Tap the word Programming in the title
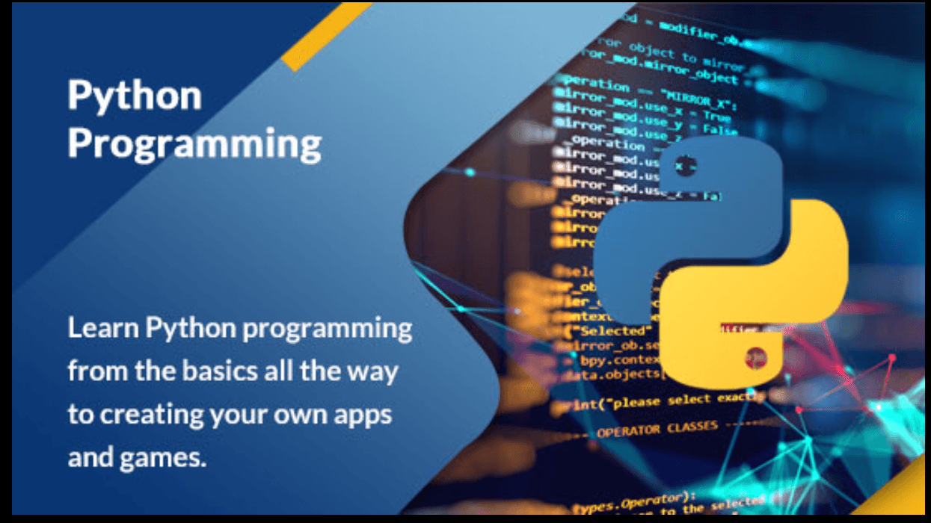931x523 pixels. click(x=194, y=143)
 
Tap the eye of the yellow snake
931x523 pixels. click(x=755, y=357)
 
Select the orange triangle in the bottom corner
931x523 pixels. click(x=909, y=489)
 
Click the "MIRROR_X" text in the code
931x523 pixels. click(x=699, y=98)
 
